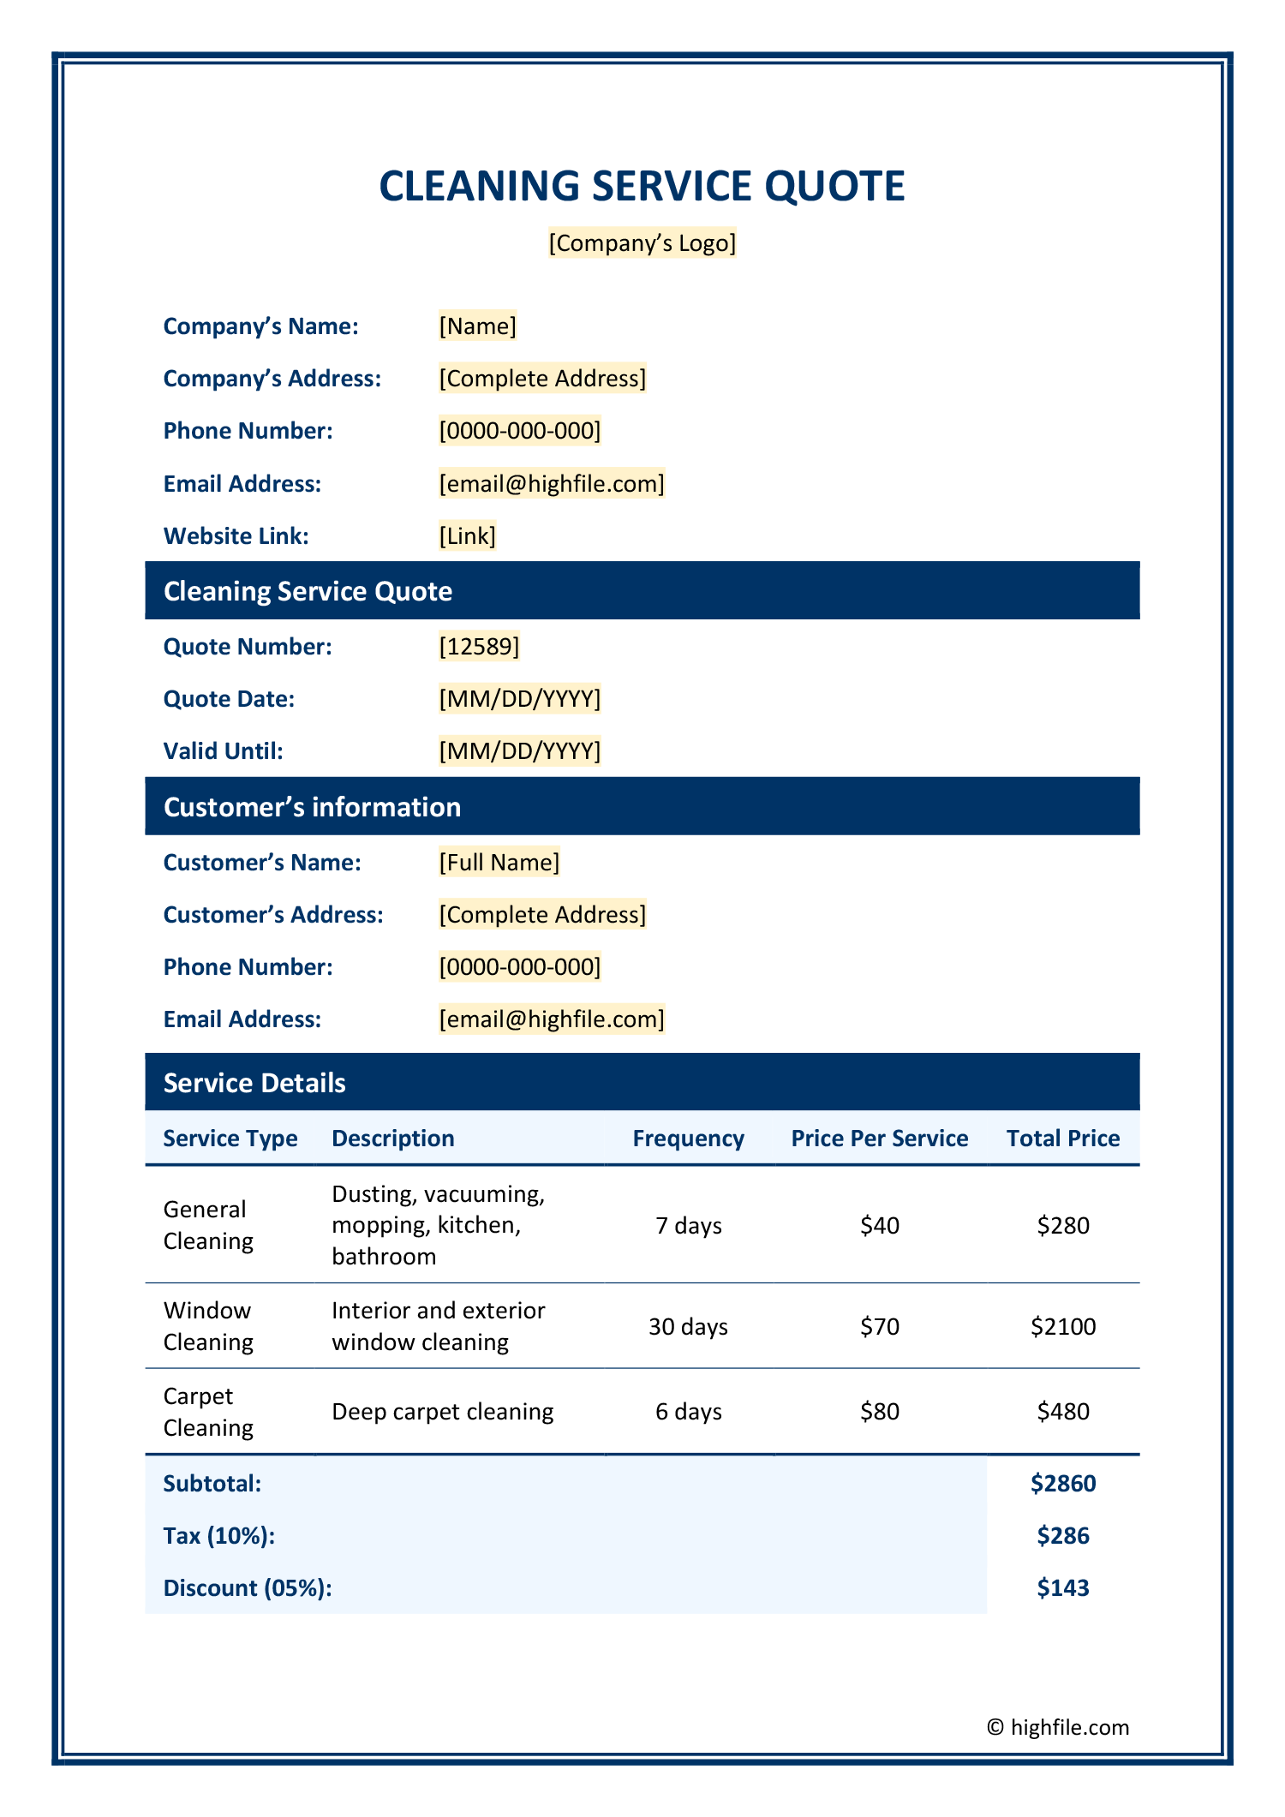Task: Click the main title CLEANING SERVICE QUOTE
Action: point(642,186)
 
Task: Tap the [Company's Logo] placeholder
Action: point(642,243)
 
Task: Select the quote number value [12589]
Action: point(479,647)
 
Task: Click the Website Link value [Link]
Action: point(467,536)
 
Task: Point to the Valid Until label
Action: point(223,751)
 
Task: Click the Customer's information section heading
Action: point(312,807)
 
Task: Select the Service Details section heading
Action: point(254,1083)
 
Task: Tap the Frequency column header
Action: point(688,1139)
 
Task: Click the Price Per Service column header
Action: point(880,1139)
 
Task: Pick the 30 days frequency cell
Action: point(688,1327)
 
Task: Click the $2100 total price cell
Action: point(1063,1327)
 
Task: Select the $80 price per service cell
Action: point(880,1412)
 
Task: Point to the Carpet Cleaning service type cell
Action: point(208,1412)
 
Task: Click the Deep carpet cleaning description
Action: point(442,1412)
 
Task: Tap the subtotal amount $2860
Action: point(1063,1484)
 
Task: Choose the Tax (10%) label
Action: point(219,1536)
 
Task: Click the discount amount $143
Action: point(1063,1588)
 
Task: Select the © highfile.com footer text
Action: point(1058,1727)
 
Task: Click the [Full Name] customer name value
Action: point(499,863)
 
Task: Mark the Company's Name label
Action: point(260,326)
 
